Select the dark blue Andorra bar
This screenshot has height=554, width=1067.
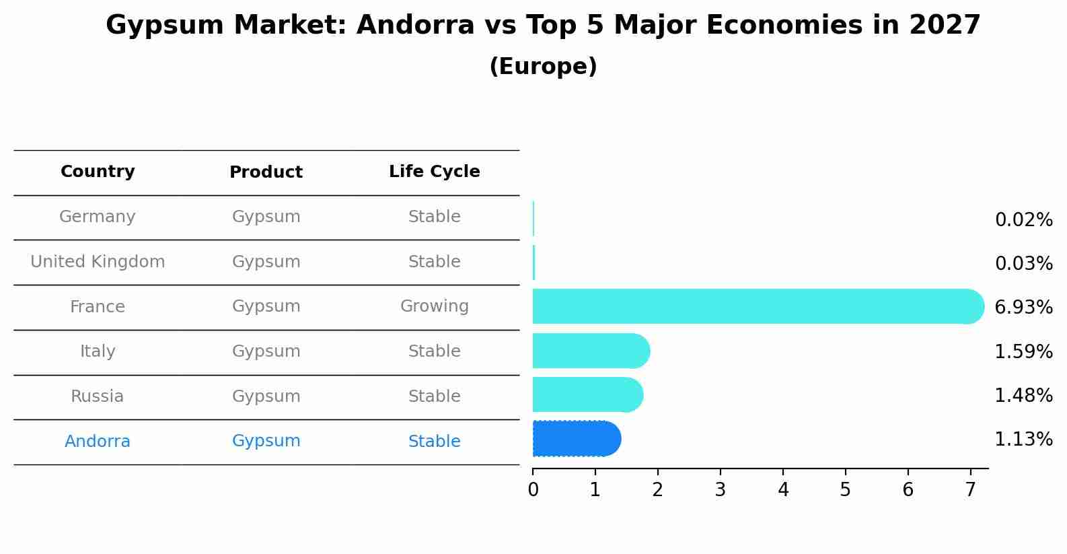click(x=576, y=439)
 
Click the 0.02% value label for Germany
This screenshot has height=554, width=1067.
click(x=1023, y=220)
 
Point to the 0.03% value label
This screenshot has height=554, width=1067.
click(x=1023, y=263)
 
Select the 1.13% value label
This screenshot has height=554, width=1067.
click(x=1023, y=440)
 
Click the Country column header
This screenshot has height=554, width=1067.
click(x=98, y=172)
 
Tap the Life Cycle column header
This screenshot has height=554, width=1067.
click(x=434, y=172)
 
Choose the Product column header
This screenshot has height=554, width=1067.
click(x=266, y=172)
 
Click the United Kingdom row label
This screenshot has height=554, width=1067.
click(x=98, y=262)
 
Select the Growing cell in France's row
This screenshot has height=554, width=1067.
click(x=434, y=306)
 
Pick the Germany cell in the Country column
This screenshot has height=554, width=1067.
click(x=98, y=217)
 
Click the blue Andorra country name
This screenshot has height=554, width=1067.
click(x=98, y=442)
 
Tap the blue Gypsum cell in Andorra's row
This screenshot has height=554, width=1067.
click(x=266, y=441)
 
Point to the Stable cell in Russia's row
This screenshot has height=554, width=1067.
click(x=434, y=396)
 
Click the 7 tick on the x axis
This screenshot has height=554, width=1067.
click(x=970, y=490)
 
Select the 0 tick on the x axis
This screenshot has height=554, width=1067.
click(x=533, y=490)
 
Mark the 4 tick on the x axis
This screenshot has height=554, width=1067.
click(x=783, y=490)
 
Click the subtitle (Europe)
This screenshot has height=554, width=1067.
click(x=543, y=67)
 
